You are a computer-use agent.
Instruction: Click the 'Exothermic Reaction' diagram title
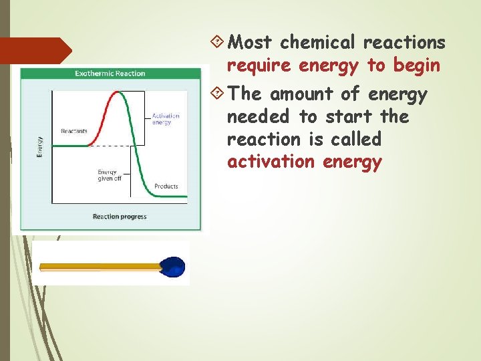[x=110, y=73]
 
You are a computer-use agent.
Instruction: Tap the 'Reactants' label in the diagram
[x=74, y=131]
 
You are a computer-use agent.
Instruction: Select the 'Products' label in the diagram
[x=166, y=186]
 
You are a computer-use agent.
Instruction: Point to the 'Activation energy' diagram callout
[x=166, y=119]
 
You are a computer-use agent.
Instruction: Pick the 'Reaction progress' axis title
[x=120, y=216]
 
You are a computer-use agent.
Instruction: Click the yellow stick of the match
[x=100, y=267]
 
